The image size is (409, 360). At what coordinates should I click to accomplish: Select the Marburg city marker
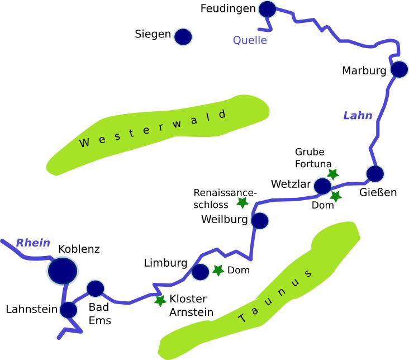399,69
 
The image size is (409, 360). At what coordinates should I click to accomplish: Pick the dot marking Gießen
374,174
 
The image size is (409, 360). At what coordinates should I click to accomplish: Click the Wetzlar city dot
323,186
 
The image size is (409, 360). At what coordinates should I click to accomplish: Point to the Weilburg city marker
260,221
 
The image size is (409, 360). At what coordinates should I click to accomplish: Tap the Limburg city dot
200,272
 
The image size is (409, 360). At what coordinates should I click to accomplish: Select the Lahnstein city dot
69,310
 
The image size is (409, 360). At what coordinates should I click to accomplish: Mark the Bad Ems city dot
96,288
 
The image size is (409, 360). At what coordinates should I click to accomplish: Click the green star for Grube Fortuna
333,174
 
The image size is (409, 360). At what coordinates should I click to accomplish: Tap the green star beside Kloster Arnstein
160,301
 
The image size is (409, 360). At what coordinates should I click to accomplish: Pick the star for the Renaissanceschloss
242,202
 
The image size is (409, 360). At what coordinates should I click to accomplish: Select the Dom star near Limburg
218,270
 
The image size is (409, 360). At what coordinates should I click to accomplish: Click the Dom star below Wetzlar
335,196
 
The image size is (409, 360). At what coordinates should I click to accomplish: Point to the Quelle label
250,40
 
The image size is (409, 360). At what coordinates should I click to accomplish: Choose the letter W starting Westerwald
84,143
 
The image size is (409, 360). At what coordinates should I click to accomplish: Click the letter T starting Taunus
241,319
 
